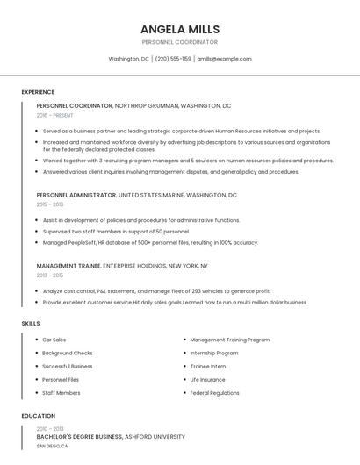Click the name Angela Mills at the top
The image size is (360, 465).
click(x=180, y=29)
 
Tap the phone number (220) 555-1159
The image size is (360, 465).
click(x=173, y=59)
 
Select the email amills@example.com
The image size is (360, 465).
click(x=224, y=59)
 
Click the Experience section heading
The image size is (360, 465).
click(x=38, y=92)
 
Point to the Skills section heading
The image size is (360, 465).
click(x=31, y=324)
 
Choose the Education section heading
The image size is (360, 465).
click(x=39, y=416)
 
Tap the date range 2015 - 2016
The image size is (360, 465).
click(x=51, y=204)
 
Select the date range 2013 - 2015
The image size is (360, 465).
click(x=51, y=275)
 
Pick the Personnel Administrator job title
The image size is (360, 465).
click(x=76, y=195)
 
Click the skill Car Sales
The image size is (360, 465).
click(x=54, y=340)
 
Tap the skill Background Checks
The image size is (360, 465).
click(x=67, y=353)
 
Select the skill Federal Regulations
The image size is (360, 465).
click(x=214, y=393)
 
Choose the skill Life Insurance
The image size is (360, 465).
click(x=207, y=380)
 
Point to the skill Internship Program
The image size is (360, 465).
click(x=213, y=353)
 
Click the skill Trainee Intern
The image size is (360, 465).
click(x=207, y=366)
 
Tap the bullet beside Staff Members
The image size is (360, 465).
click(x=36, y=393)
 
